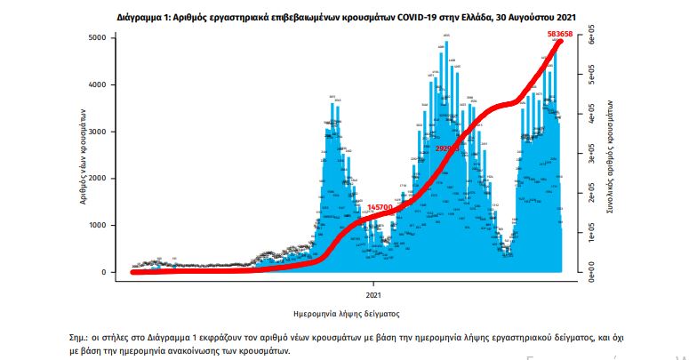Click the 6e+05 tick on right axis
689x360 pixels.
pyautogui.click(x=587, y=38)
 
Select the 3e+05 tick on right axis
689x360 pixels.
pyautogui.click(x=587, y=156)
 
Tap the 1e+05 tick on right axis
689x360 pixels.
pyautogui.click(x=587, y=234)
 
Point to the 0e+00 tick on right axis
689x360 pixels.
pyautogui.click(x=587, y=273)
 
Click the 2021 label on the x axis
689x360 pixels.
pyautogui.click(x=373, y=293)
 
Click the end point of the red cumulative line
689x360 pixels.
pyautogui.click(x=561, y=42)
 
